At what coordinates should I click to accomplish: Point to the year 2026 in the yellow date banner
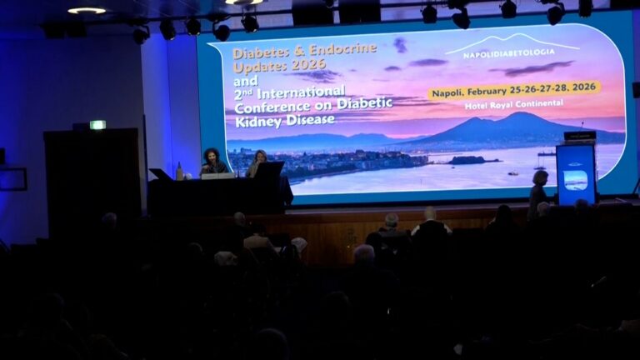click(x=582, y=87)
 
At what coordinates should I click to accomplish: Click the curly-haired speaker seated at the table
click(x=212, y=161)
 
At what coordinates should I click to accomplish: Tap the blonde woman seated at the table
click(x=257, y=162)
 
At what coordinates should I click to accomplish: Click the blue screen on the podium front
click(x=576, y=179)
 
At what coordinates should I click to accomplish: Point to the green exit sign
click(x=97, y=125)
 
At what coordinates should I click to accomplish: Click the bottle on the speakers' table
click(x=178, y=171)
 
